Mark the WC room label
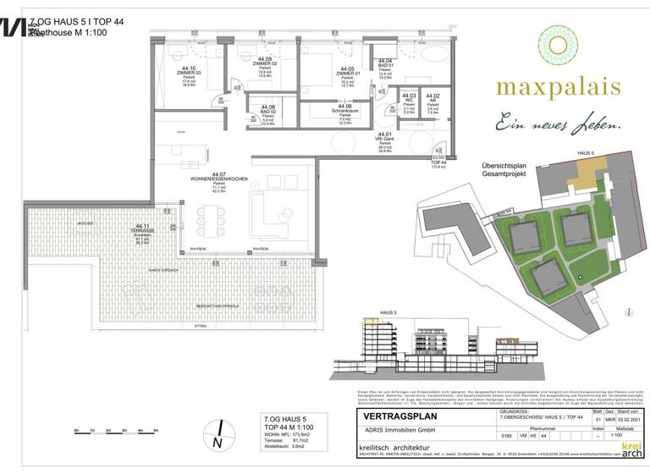[410, 103]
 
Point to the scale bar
[110, 432]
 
